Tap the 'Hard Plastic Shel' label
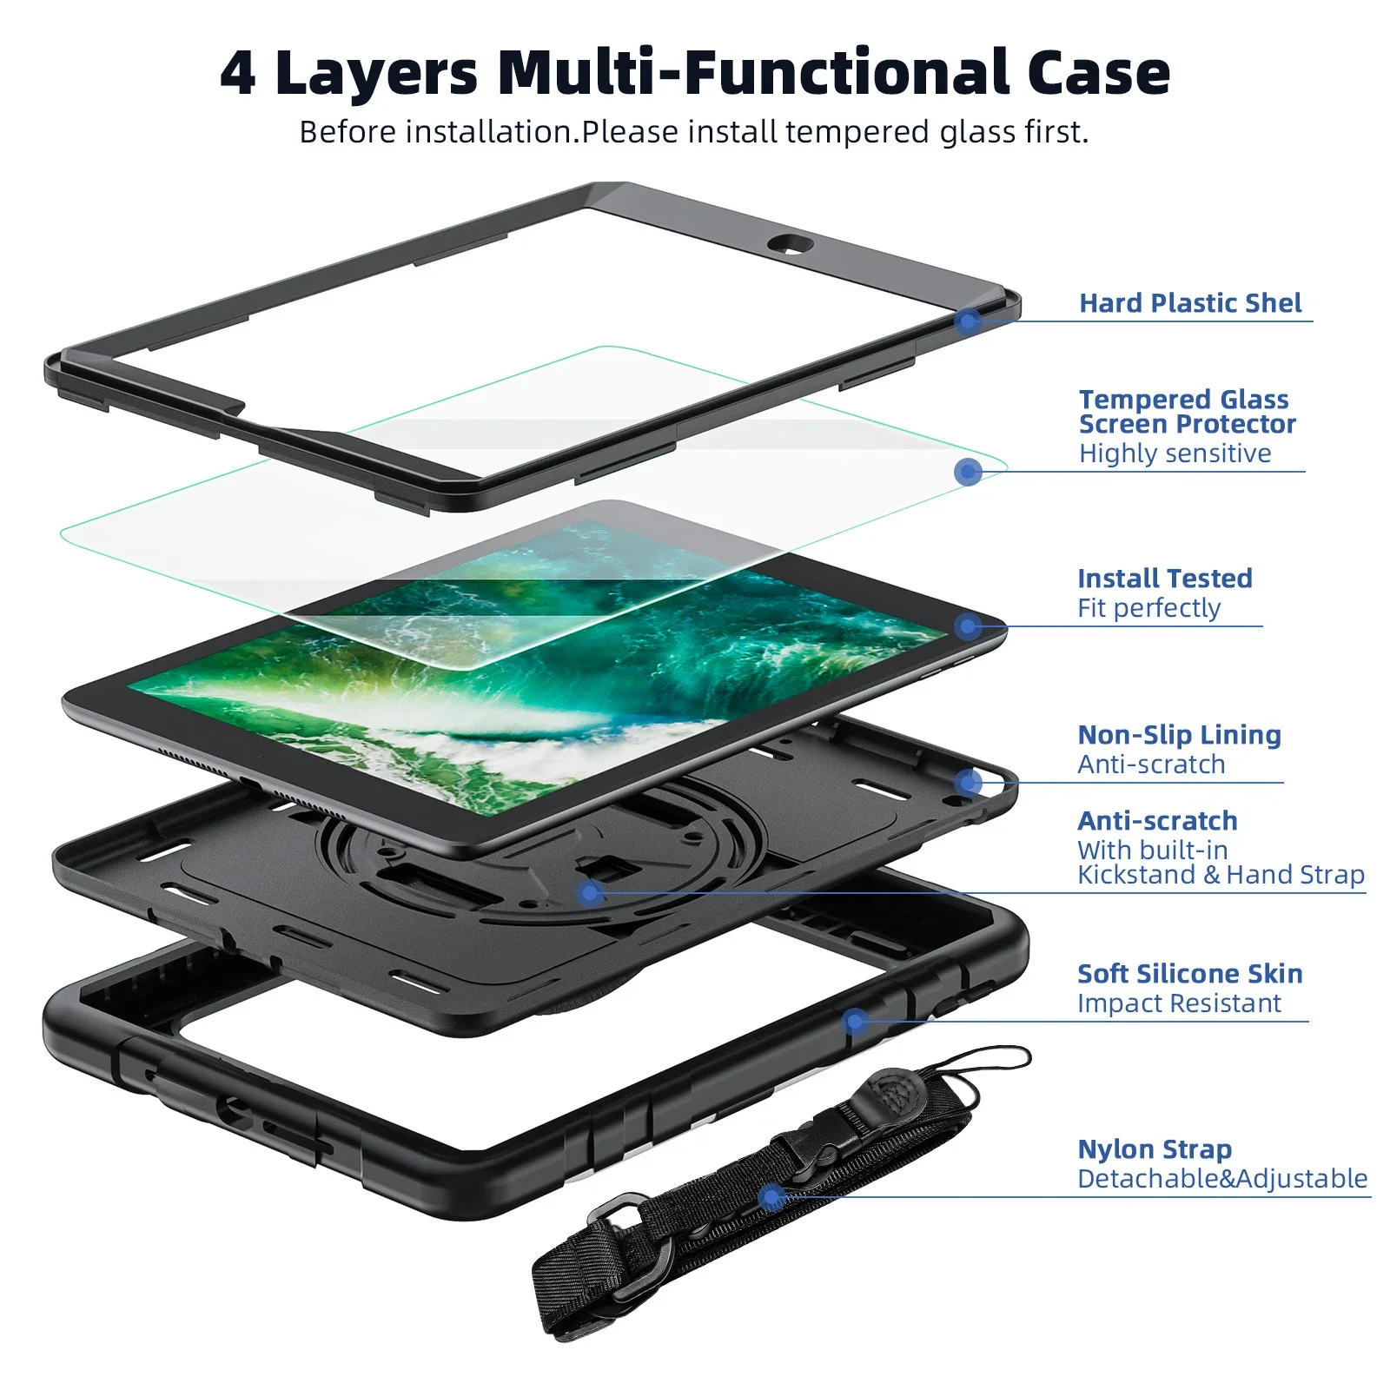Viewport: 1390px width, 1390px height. coord(1190,303)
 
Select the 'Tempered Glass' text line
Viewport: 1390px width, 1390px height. coord(1183,400)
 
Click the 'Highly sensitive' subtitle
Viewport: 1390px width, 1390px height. coord(1175,453)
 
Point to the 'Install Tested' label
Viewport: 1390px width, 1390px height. coord(1164,579)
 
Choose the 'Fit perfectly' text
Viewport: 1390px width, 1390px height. coord(1148,608)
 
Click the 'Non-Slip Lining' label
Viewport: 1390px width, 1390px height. coord(1179,735)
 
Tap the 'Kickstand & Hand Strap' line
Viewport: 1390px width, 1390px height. coord(1221,875)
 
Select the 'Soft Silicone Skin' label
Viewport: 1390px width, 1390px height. coord(1189,974)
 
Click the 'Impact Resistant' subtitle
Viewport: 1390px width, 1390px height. coord(1179,1003)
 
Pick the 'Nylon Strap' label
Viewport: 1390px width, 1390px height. coord(1155,1149)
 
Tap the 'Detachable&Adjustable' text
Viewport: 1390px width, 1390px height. coord(1222,1179)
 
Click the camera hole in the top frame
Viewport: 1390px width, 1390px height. coord(790,244)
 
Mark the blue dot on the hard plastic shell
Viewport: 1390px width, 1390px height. coord(968,322)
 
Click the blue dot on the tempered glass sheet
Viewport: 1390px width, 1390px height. coord(968,472)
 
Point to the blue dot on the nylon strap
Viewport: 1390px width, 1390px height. coord(771,1198)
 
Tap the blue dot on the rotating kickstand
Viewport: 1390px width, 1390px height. coord(591,892)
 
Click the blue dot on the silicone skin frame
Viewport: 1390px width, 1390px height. coord(856,1021)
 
